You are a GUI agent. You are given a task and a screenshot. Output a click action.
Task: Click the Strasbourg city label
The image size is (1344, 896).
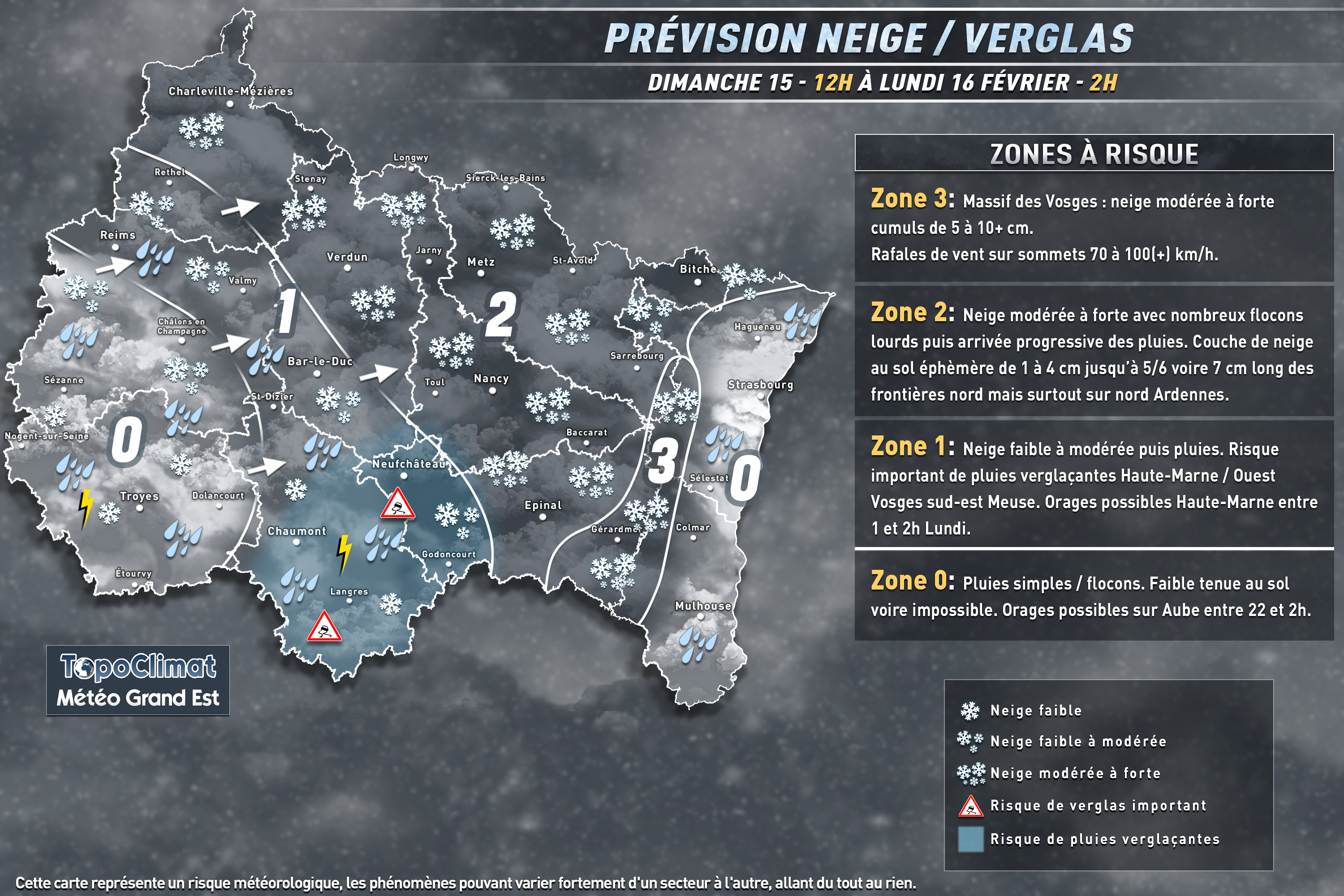[760, 384]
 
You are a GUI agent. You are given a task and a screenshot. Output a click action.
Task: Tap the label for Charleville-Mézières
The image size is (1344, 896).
[230, 91]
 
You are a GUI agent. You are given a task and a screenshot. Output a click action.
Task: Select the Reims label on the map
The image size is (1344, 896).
[118, 235]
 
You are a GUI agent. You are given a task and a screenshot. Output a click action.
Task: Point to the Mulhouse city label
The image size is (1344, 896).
[703, 606]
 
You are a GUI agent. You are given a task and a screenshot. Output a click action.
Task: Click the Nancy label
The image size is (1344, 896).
[491, 378]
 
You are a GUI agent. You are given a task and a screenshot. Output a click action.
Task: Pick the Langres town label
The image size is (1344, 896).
[349, 591]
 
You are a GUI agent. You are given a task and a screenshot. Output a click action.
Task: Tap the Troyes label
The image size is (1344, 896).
[139, 496]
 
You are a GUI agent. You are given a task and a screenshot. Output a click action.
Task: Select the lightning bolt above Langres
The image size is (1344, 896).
[344, 554]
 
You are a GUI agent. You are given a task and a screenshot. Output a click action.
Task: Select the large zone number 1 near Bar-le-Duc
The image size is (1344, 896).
[286, 311]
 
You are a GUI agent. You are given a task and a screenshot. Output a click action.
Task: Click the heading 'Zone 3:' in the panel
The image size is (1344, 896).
[911, 199]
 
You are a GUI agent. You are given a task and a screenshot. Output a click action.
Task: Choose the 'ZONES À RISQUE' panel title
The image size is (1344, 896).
[1094, 154]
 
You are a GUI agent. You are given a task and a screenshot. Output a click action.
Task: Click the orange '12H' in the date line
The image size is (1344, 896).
[832, 83]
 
